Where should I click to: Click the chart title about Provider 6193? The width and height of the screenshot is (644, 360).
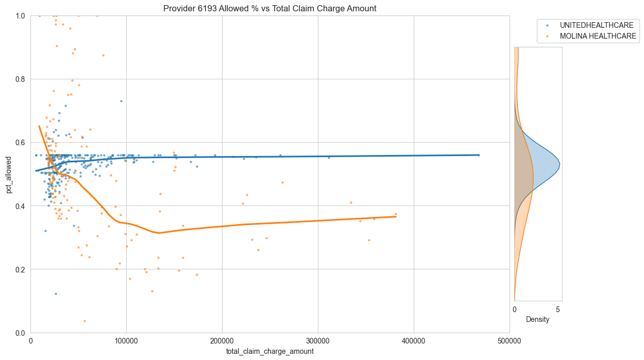(x=270, y=8)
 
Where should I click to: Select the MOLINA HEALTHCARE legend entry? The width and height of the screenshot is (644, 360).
(x=592, y=36)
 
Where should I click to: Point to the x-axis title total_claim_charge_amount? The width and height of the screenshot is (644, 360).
(x=270, y=351)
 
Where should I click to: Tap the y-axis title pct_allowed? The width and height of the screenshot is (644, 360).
(x=9, y=174)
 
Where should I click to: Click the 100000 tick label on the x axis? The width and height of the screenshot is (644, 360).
(x=126, y=340)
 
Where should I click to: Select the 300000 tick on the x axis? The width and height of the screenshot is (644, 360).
(x=318, y=340)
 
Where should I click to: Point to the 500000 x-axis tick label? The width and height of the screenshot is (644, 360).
(x=510, y=340)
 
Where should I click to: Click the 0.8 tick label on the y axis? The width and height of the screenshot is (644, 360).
(x=21, y=79)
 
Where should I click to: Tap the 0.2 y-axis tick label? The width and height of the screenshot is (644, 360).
(x=21, y=269)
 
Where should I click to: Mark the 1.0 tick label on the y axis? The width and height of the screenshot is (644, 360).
(x=21, y=15)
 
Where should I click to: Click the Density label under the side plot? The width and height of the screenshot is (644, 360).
(x=537, y=319)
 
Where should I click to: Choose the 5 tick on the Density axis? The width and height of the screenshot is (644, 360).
(x=558, y=309)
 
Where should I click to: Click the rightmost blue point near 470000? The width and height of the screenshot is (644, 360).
(x=479, y=155)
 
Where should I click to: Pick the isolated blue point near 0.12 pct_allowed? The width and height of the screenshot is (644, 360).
(x=56, y=294)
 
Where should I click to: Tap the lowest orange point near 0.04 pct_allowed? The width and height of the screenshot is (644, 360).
(x=84, y=321)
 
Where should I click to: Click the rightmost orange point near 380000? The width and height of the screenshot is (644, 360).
(x=396, y=214)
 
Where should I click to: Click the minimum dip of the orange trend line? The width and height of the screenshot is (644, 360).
(x=159, y=233)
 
